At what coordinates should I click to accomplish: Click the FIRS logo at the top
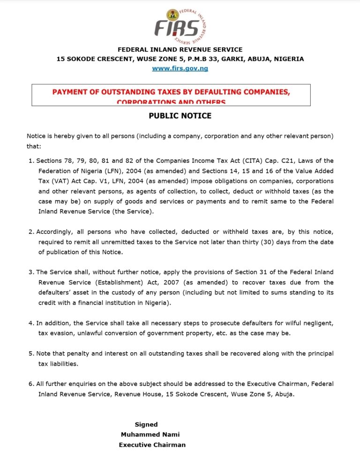click(x=180, y=26)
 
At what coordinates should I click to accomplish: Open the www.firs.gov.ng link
click(x=180, y=68)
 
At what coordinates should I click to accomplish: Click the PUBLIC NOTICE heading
click(x=180, y=115)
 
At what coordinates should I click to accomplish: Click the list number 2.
click(x=31, y=232)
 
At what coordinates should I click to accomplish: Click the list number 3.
click(x=31, y=272)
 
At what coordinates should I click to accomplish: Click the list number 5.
click(x=31, y=354)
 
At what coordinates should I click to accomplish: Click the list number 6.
click(x=31, y=384)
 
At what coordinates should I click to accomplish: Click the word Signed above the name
click(x=146, y=424)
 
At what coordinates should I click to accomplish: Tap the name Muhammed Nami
click(x=150, y=435)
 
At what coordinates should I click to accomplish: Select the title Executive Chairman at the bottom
click(x=152, y=445)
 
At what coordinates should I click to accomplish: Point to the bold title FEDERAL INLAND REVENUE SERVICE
click(x=180, y=50)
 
